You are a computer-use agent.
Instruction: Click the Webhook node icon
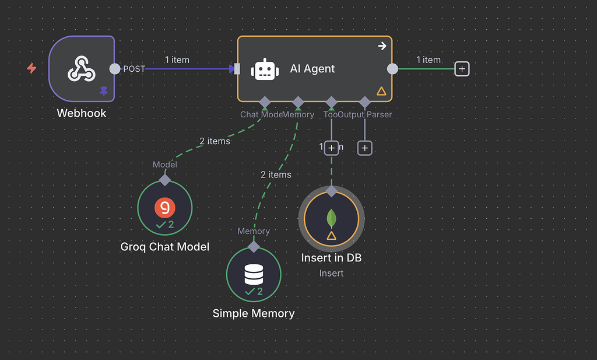pyautogui.click(x=82, y=69)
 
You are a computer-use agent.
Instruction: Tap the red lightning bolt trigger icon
pyautogui.click(x=31, y=68)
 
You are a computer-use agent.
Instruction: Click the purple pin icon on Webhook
pyautogui.click(x=104, y=91)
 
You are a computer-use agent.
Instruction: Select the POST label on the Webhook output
pyautogui.click(x=134, y=69)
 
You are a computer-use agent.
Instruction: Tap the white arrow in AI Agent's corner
pyautogui.click(x=382, y=46)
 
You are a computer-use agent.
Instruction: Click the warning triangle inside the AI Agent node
pyautogui.click(x=381, y=91)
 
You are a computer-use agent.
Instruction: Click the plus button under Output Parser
pyautogui.click(x=365, y=148)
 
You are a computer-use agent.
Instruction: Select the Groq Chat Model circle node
pyautogui.click(x=165, y=208)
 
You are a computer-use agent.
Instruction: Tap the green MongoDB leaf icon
pyautogui.click(x=331, y=218)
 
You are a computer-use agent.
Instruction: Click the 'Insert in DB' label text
pyautogui.click(x=331, y=257)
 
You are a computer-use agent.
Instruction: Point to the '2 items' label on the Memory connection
pyautogui.click(x=276, y=174)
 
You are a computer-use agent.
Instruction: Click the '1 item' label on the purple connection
pyautogui.click(x=177, y=60)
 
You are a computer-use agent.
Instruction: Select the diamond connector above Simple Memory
pyautogui.click(x=254, y=246)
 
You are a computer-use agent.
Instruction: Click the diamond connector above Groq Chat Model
pyautogui.click(x=165, y=180)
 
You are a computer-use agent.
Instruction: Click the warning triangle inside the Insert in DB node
pyautogui.click(x=331, y=236)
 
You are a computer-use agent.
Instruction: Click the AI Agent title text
pyautogui.click(x=312, y=69)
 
